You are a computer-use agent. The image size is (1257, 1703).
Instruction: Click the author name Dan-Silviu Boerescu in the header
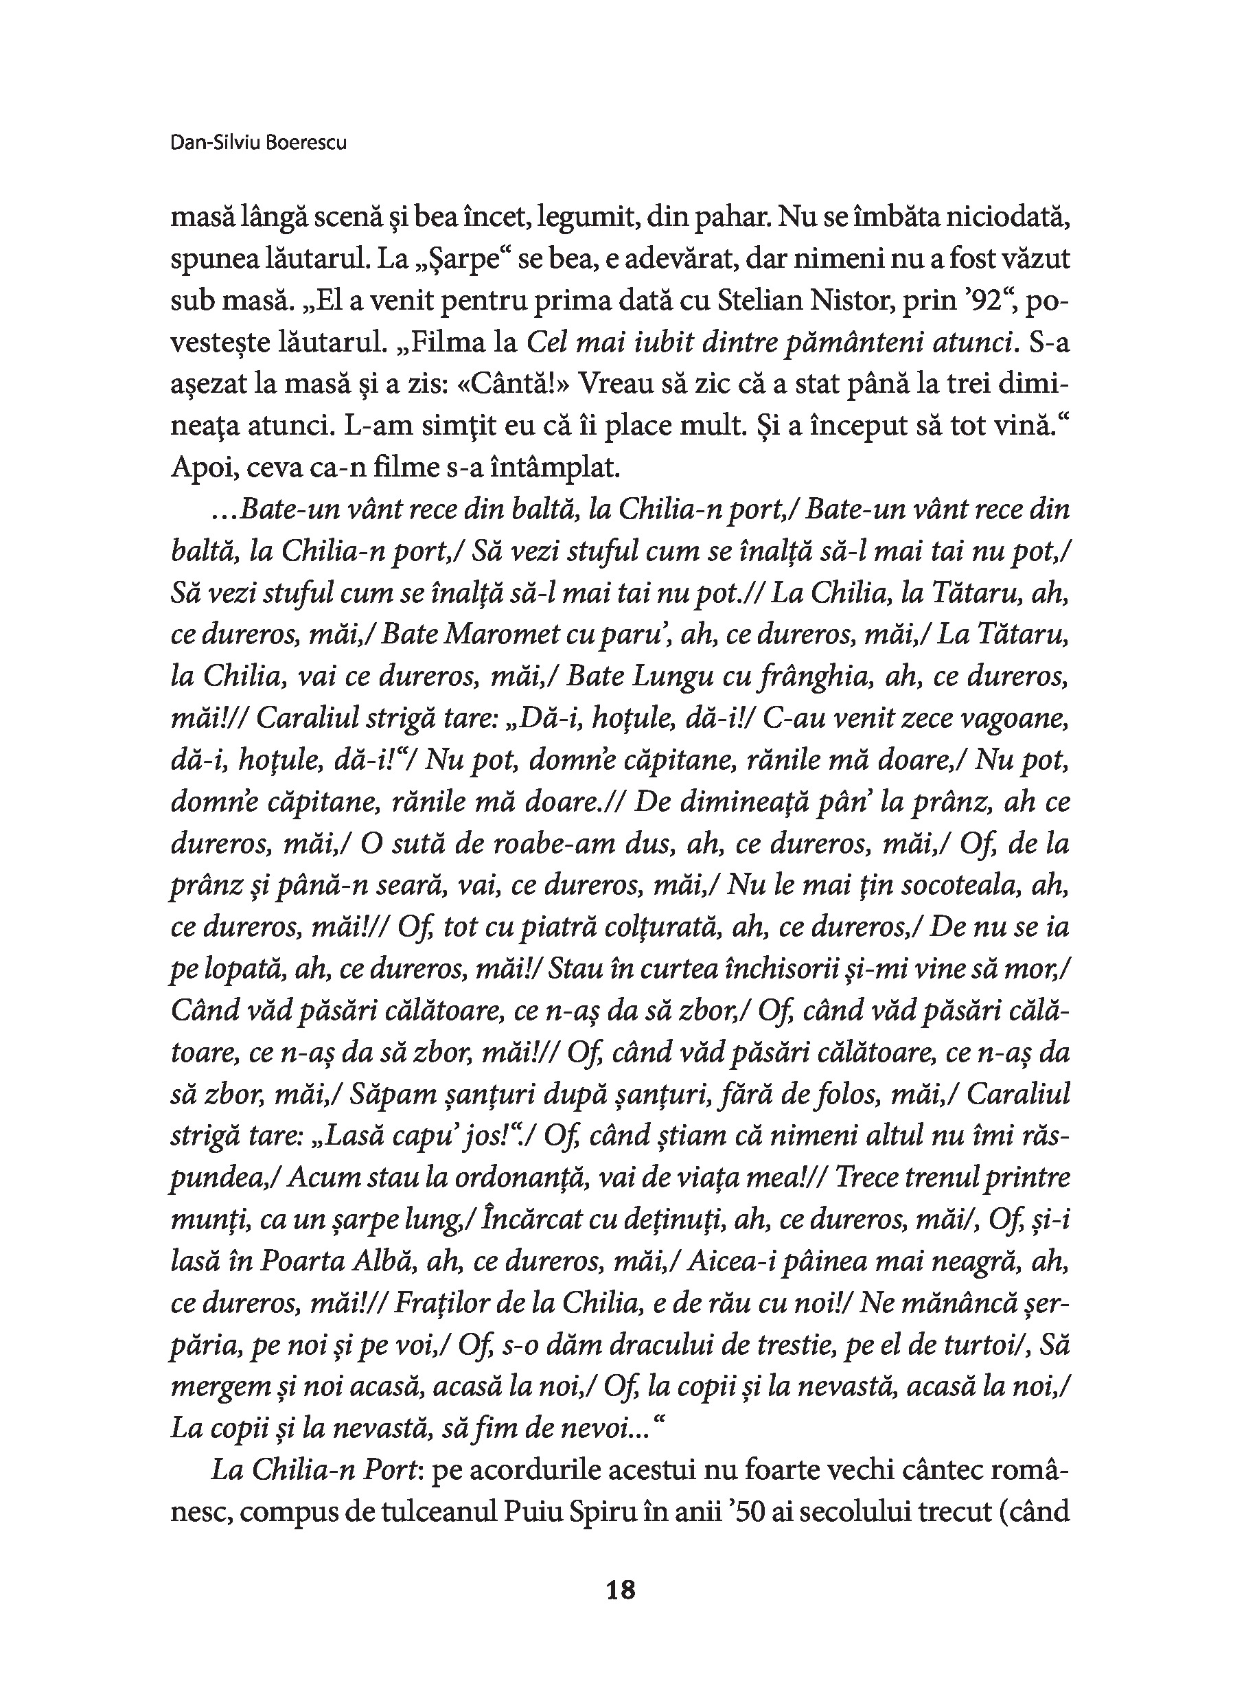[x=259, y=142]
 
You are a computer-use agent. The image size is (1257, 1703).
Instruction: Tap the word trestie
[x=779, y=1345]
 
